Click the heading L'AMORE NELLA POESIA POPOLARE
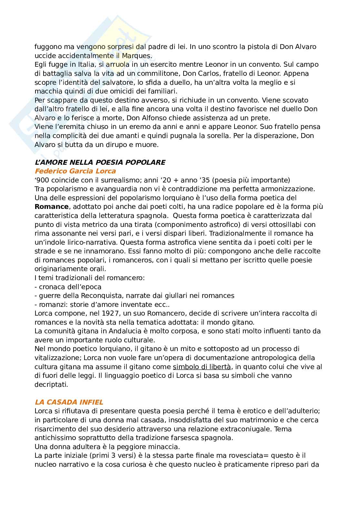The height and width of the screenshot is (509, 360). (x=100, y=162)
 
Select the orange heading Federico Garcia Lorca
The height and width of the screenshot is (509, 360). (x=75, y=171)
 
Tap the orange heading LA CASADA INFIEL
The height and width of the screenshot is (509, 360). (x=69, y=402)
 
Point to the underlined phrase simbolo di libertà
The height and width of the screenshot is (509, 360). (x=202, y=367)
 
